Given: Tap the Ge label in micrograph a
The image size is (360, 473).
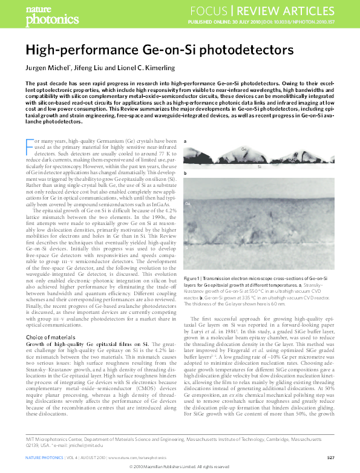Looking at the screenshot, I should [x=244, y=149].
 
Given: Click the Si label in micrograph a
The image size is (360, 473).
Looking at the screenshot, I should [x=260, y=166].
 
